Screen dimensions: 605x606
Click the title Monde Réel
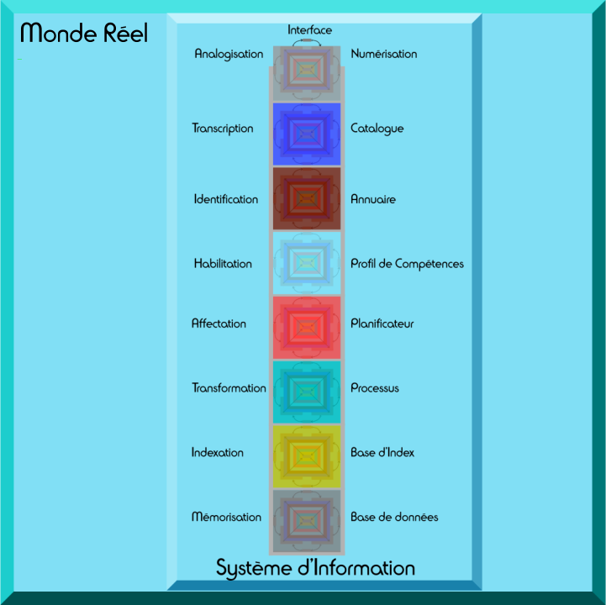tap(84, 34)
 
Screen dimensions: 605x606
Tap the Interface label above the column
tap(309, 30)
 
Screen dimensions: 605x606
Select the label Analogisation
tap(229, 54)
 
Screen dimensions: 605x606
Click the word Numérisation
tap(383, 54)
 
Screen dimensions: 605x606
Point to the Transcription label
tap(222, 129)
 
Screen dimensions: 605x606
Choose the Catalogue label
tap(377, 129)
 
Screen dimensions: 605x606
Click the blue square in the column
tap(306, 133)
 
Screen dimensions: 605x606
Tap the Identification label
tap(225, 200)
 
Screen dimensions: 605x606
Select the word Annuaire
tap(373, 200)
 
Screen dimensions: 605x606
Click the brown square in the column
tap(306, 198)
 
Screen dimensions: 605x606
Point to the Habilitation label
tap(223, 264)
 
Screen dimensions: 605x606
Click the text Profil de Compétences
tap(407, 264)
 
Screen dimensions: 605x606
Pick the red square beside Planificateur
tap(306, 327)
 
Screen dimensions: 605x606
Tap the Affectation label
tap(219, 324)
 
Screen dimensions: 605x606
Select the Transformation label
tap(229, 388)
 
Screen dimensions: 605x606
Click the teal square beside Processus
tap(306, 391)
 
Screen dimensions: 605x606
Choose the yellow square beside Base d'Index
tap(306, 455)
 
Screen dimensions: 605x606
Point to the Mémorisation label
tap(226, 518)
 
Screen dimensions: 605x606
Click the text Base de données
tap(394, 518)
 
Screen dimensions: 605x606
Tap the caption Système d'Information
tap(315, 568)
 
